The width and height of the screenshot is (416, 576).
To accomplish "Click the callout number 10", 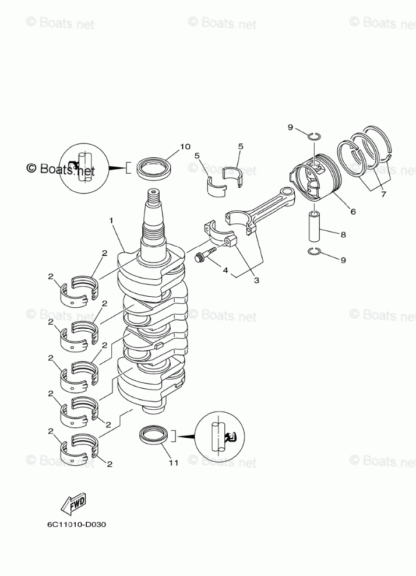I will [x=185, y=146].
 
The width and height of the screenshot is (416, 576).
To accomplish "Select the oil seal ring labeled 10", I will [x=154, y=169].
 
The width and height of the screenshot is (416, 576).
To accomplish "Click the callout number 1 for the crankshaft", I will [x=111, y=220].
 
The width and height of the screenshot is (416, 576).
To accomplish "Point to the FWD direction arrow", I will [x=73, y=504].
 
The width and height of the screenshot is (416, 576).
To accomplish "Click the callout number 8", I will [x=343, y=235].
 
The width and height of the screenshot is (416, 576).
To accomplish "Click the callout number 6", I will [x=352, y=212].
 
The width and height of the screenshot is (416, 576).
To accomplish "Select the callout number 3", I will [x=256, y=280].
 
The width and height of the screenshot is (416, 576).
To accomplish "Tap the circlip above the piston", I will [x=313, y=136].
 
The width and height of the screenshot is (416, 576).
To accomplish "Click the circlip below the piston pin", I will [x=313, y=251].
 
